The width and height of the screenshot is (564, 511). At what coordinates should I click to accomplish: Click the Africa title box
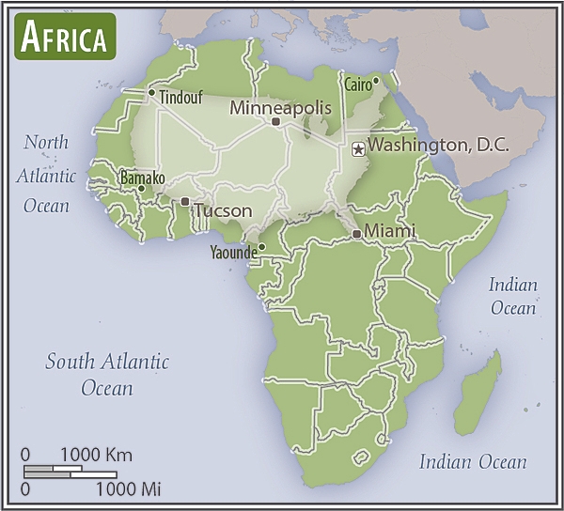coord(64,37)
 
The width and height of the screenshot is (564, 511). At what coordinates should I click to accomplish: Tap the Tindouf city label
coord(181,97)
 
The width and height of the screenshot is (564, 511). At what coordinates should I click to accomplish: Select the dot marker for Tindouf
coord(151,92)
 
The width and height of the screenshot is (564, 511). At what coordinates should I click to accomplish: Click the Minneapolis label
coord(280,108)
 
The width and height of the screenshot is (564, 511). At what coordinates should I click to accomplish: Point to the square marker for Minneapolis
coord(275,122)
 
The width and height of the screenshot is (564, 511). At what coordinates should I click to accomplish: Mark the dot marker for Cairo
coord(376,80)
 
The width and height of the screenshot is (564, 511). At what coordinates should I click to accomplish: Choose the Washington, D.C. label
coord(437,146)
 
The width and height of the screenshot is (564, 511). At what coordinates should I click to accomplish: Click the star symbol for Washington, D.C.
coord(357,148)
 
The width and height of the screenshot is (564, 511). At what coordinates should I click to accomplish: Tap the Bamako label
coord(142,178)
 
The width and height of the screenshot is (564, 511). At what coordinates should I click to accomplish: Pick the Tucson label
coord(223,210)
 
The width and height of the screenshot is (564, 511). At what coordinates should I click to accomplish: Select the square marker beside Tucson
coord(185,201)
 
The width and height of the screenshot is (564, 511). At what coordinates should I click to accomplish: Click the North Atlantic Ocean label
coord(46,174)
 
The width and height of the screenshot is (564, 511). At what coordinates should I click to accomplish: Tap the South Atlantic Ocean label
coord(107,374)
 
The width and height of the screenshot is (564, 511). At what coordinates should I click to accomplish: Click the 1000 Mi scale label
coord(128,488)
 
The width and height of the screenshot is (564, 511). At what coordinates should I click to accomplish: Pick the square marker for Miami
coord(356,233)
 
